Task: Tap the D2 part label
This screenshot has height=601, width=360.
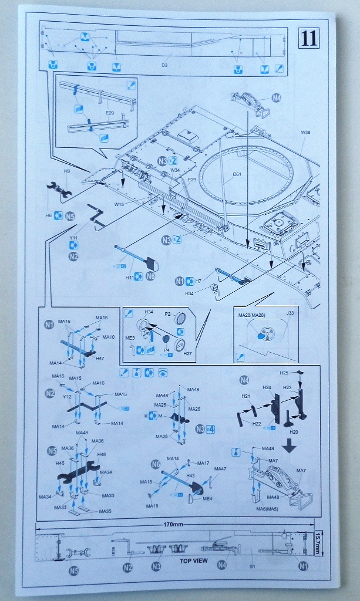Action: click(x=164, y=65)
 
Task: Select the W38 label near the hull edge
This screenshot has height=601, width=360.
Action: click(x=305, y=133)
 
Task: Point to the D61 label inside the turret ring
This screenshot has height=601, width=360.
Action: click(x=237, y=174)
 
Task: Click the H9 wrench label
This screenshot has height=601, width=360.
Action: click(x=68, y=171)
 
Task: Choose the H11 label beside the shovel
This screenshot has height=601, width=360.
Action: click(x=130, y=276)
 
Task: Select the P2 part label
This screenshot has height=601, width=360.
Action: click(x=167, y=315)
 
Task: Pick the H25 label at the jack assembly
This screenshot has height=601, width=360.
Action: click(x=284, y=373)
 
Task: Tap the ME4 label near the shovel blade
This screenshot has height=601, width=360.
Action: click(x=207, y=499)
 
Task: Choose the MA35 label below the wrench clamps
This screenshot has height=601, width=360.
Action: click(x=105, y=511)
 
